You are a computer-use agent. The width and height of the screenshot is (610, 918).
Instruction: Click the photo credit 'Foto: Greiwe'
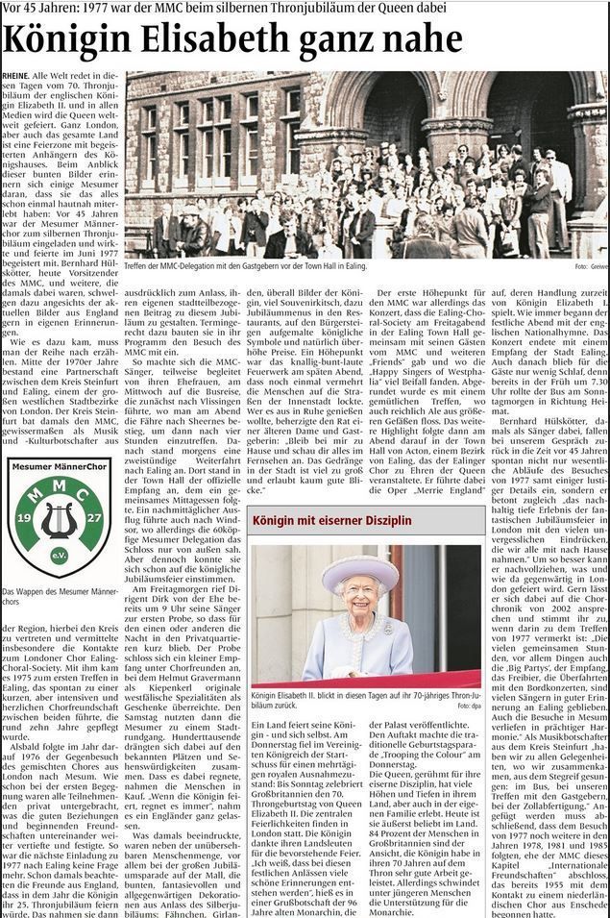(589, 266)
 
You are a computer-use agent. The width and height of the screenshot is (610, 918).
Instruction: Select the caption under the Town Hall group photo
(245, 266)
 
